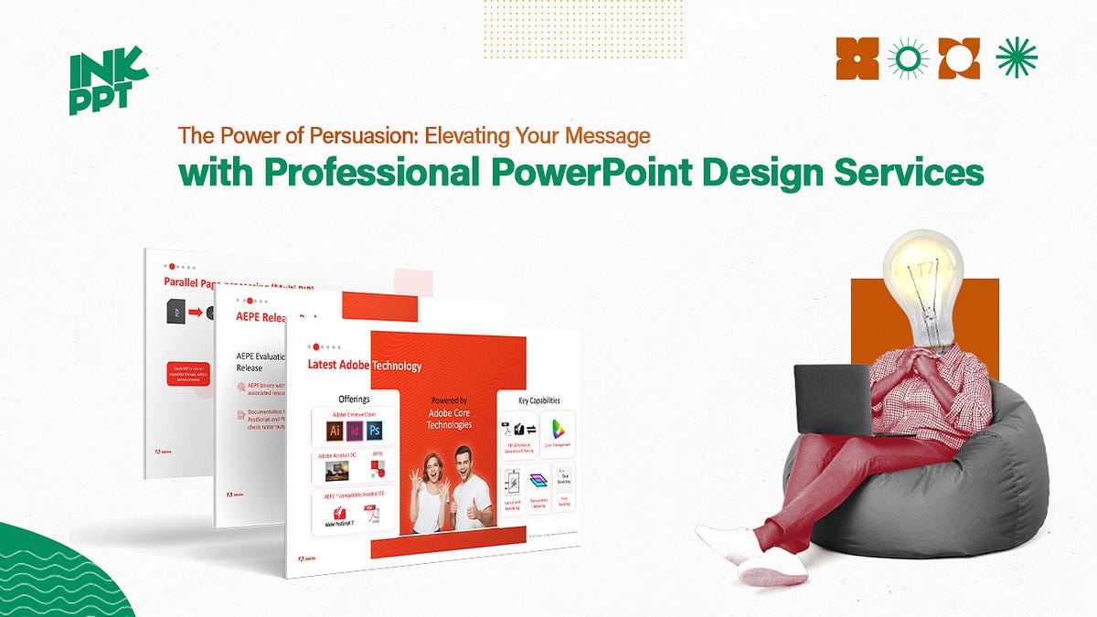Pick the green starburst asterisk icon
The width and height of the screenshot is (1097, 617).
click(x=1017, y=59)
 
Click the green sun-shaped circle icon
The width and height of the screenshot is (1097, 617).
click(x=908, y=59)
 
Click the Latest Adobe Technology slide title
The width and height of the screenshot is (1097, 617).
click(x=365, y=366)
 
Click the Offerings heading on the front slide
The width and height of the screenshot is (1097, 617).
click(x=353, y=399)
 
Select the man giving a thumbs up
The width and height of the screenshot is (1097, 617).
click(x=466, y=489)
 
